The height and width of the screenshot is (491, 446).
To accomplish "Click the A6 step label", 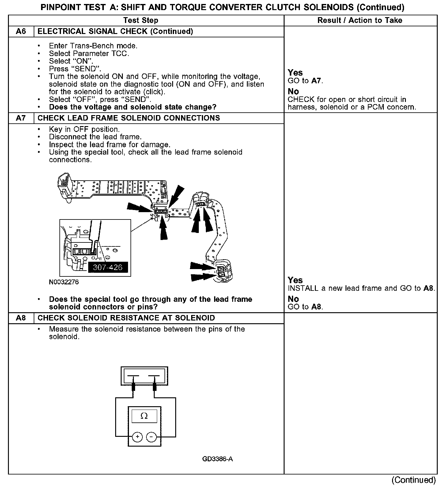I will [21, 32].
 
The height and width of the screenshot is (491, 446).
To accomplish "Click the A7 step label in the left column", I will [21, 118].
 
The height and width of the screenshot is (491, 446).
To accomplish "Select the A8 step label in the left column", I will [21, 318].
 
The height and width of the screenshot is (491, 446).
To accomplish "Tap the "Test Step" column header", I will [141, 21].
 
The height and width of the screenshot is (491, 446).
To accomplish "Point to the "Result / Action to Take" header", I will [360, 21].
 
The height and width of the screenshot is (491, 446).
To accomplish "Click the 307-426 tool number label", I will [108, 267].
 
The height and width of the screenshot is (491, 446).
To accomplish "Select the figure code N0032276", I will [64, 282].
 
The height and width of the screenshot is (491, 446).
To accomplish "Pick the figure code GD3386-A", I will [217, 459].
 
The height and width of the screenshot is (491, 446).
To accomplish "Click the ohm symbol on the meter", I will [144, 416].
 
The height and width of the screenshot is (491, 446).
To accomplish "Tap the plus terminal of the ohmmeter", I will [138, 437].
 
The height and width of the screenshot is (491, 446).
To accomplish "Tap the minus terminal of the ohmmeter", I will [151, 437].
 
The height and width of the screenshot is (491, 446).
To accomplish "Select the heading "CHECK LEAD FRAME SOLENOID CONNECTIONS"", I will [129, 118].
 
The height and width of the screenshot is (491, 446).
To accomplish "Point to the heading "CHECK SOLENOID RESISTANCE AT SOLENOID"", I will [126, 318].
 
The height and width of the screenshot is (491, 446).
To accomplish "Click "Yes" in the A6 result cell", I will [295, 73].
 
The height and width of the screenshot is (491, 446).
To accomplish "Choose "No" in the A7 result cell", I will [293, 299].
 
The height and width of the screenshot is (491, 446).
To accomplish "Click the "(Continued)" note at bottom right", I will [413, 480].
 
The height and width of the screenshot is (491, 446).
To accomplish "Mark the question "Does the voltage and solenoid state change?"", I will [133, 107].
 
